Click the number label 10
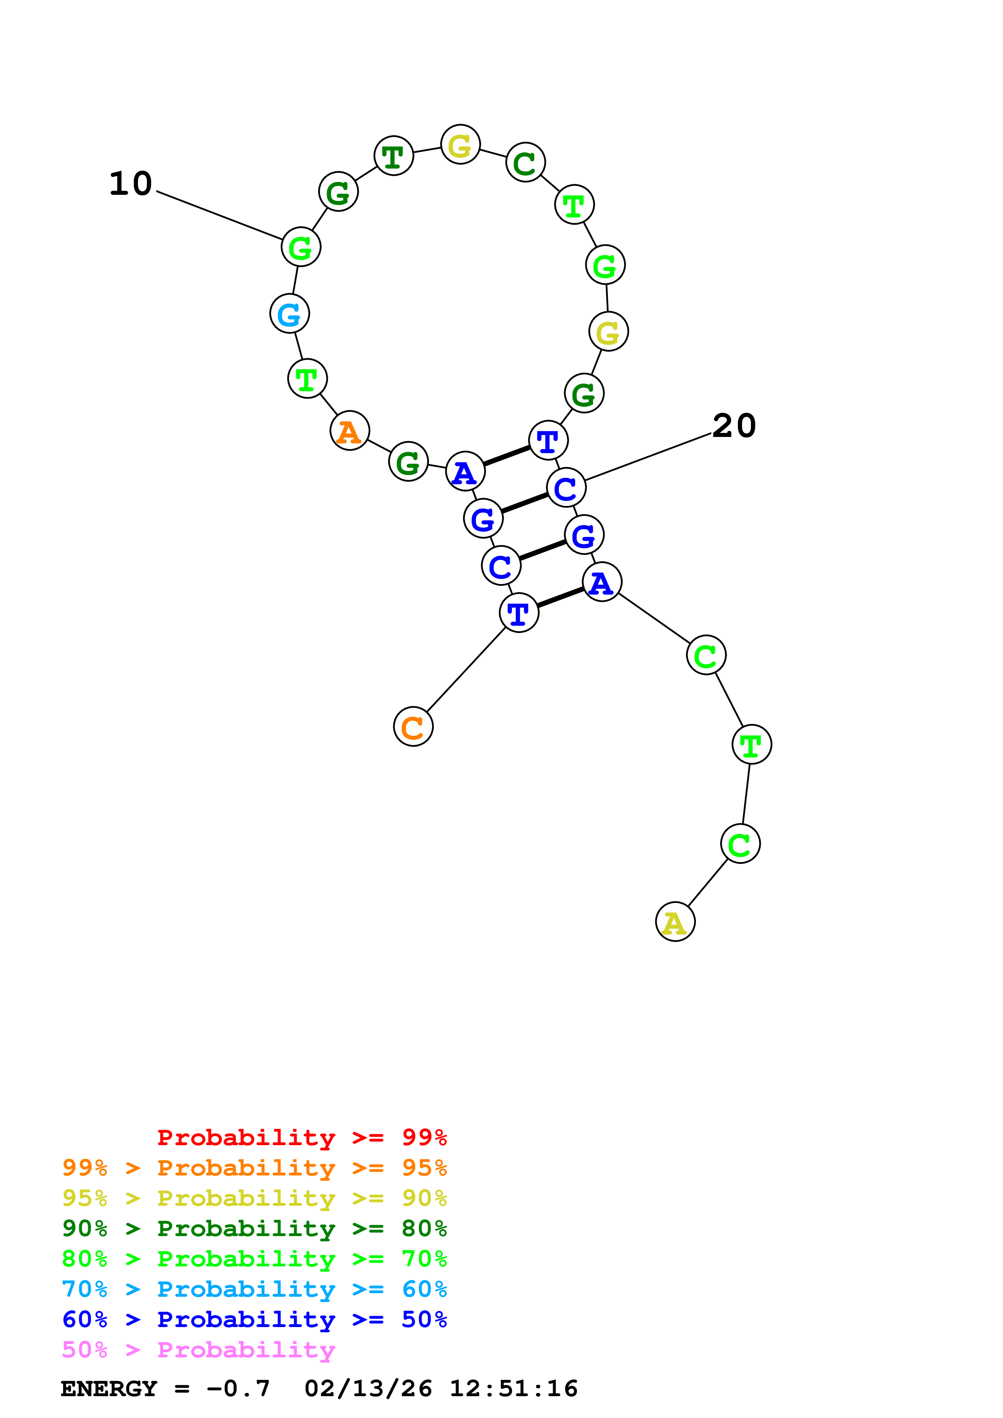(130, 184)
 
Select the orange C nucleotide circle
(413, 726)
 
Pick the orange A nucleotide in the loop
(350, 430)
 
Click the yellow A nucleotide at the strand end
(675, 922)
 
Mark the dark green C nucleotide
(525, 162)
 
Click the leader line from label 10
(219, 215)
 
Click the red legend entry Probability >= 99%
(301, 1137)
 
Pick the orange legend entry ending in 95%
(254, 1168)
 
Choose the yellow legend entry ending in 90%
(254, 1198)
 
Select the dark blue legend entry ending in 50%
(254, 1319)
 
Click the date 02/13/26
(368, 1388)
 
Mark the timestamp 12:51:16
(513, 1388)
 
